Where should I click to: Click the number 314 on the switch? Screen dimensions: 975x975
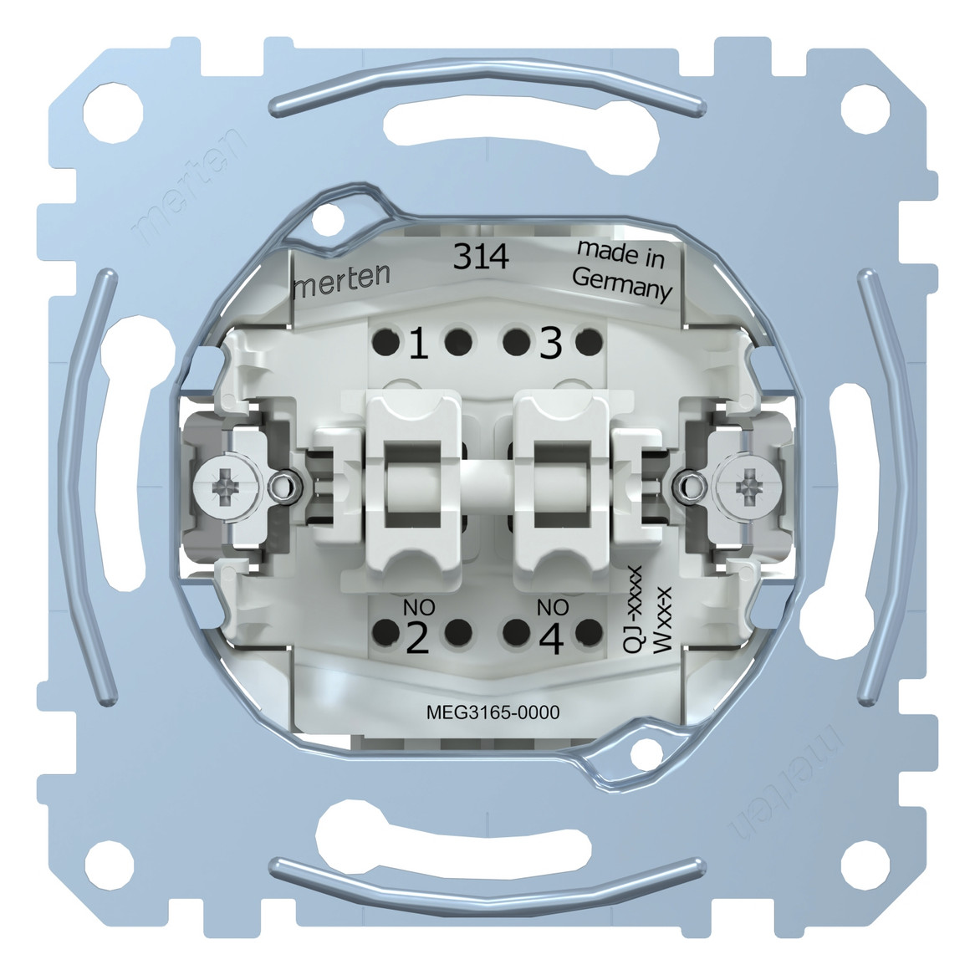tap(480, 258)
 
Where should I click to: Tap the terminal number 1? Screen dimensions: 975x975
tap(419, 345)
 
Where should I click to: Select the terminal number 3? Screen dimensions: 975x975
tap(550, 345)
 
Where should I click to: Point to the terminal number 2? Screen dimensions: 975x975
tap(417, 640)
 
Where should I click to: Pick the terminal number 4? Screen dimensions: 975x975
tap(551, 640)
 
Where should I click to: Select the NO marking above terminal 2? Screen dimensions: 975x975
tap(416, 608)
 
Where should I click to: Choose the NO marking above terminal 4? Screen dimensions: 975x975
tap(553, 608)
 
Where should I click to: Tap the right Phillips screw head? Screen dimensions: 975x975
tap(747, 483)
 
